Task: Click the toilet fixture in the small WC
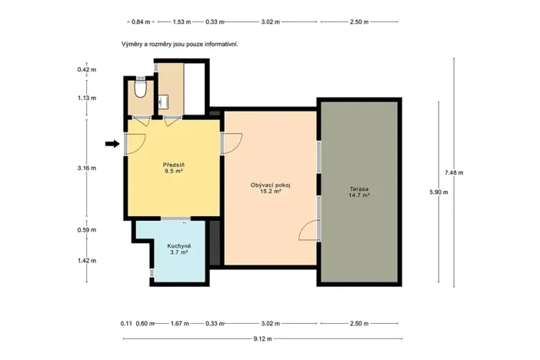click(139, 90)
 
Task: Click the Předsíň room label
click(173, 165)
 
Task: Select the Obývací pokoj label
click(270, 185)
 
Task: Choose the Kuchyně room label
click(178, 245)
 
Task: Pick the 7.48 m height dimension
click(455, 172)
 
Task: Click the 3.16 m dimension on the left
click(87, 168)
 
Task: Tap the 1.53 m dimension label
click(182, 22)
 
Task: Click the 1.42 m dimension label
click(87, 260)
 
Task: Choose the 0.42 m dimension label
click(87, 70)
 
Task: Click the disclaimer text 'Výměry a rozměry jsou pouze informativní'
click(179, 45)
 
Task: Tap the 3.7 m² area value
click(178, 252)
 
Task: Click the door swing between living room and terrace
click(309, 228)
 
